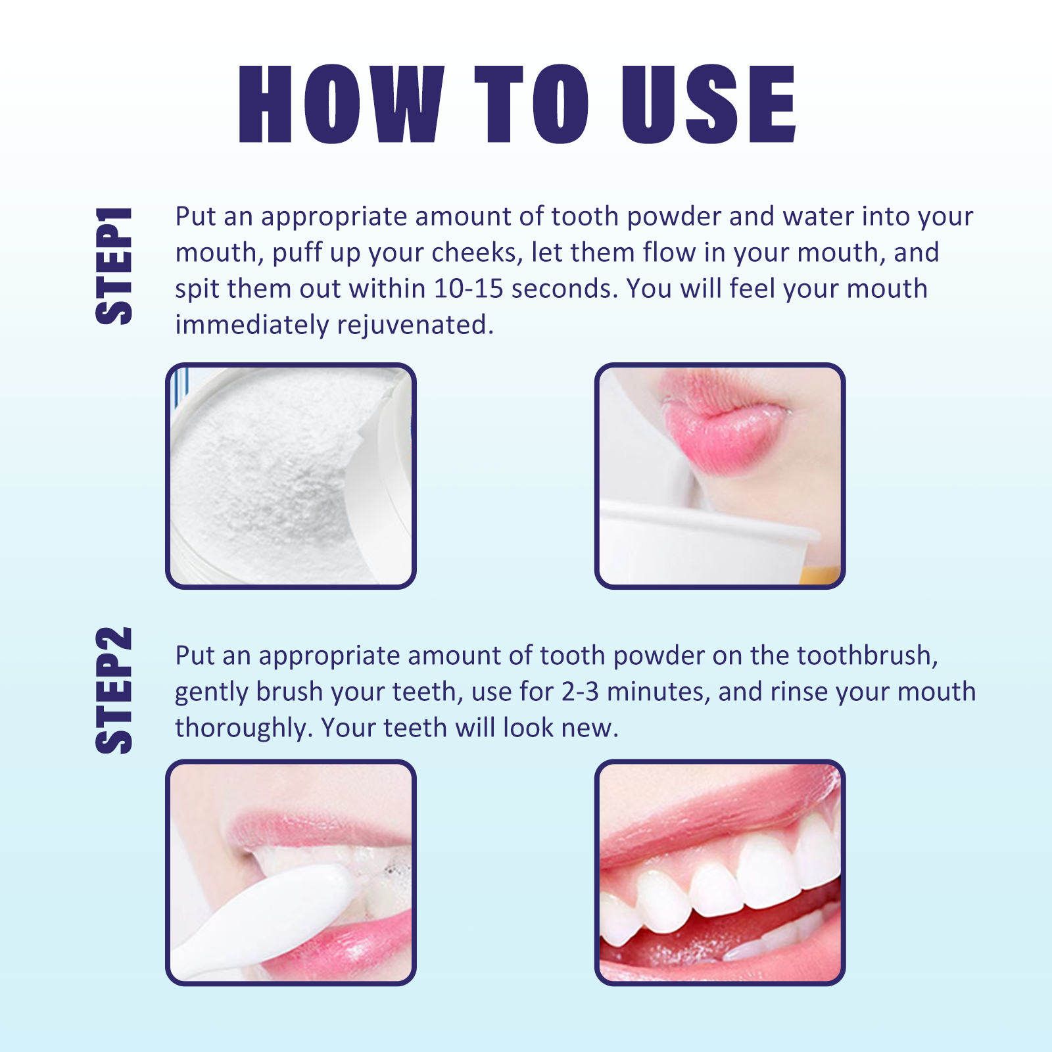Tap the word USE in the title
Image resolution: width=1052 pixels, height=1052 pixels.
point(709,104)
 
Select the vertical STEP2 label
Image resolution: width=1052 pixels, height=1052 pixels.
point(114,690)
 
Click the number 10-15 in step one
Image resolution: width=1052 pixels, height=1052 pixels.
point(468,289)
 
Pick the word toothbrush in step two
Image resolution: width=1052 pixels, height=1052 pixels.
point(868,656)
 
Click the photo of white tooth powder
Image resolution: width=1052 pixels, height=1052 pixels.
point(291,475)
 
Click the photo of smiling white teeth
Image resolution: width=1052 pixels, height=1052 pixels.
point(720,872)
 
